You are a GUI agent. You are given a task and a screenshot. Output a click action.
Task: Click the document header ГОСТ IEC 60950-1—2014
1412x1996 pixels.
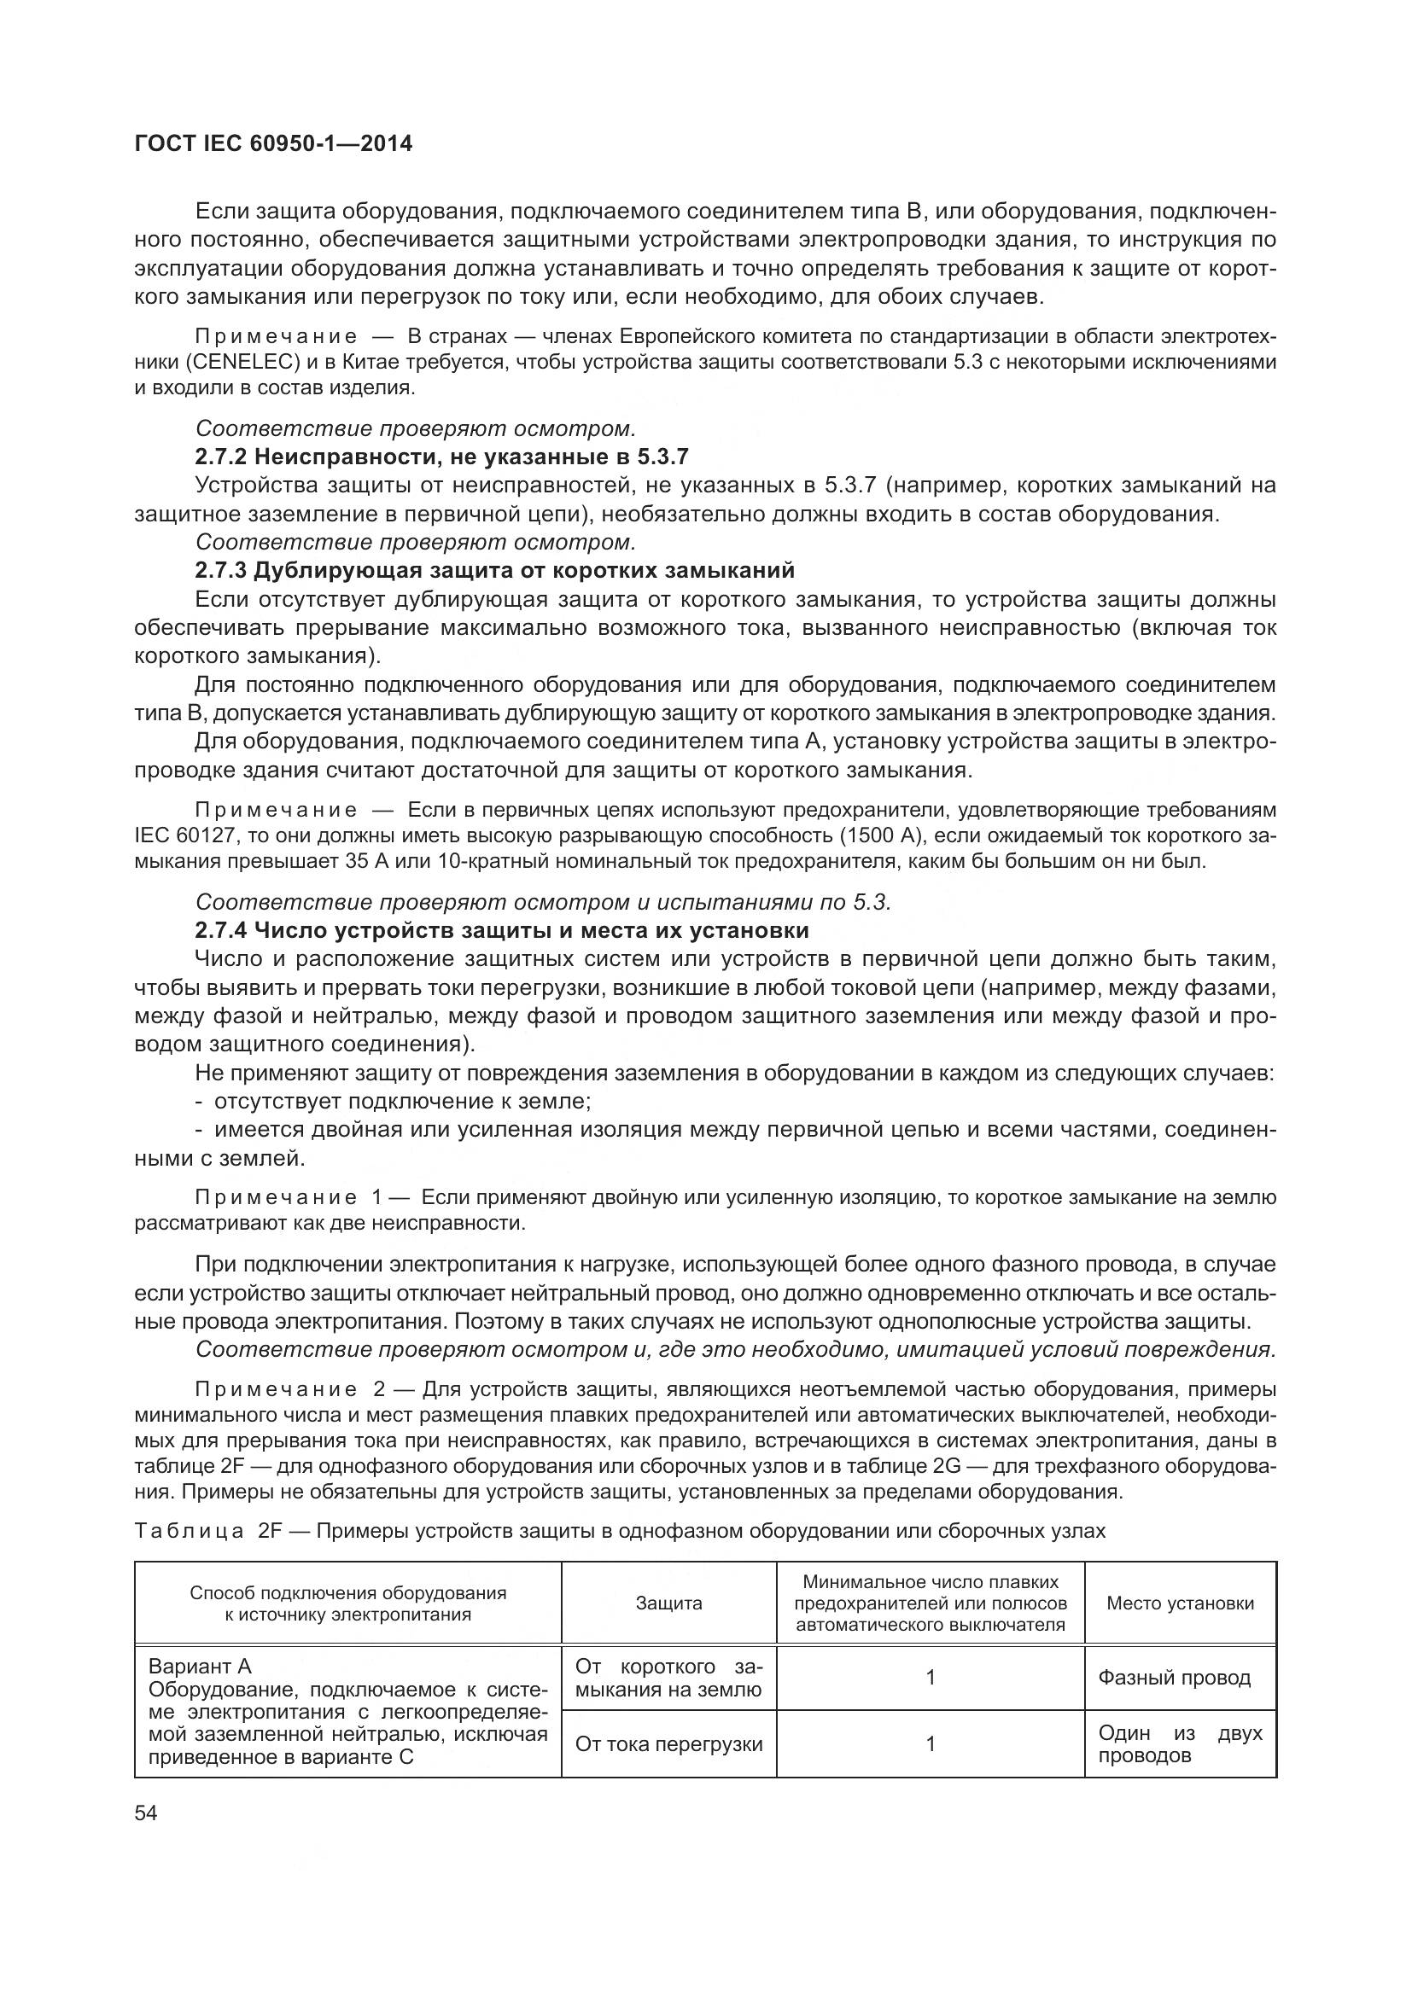pos(273,144)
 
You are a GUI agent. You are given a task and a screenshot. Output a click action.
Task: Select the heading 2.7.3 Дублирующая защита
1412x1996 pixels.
pos(493,570)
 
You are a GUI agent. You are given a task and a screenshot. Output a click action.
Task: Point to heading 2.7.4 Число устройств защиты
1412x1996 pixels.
pos(502,930)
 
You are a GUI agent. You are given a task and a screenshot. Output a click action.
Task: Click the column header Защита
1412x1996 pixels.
pos(668,1603)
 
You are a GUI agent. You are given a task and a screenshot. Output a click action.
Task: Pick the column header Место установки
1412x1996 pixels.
pos(1180,1603)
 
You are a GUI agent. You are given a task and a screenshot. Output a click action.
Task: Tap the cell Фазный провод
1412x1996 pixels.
pos(1174,1678)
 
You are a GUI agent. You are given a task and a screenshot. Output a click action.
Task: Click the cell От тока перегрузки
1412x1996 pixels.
pos(668,1744)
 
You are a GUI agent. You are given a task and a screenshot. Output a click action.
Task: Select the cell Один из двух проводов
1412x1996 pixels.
pos(1179,1744)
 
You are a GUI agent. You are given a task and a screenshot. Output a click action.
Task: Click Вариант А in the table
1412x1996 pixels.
pos(200,1667)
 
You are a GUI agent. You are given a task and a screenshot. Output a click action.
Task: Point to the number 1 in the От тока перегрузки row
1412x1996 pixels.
pos(931,1744)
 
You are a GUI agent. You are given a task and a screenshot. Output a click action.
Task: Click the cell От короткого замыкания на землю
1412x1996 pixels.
pos(668,1678)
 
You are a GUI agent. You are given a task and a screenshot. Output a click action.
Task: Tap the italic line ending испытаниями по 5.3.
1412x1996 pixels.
pos(544,902)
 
